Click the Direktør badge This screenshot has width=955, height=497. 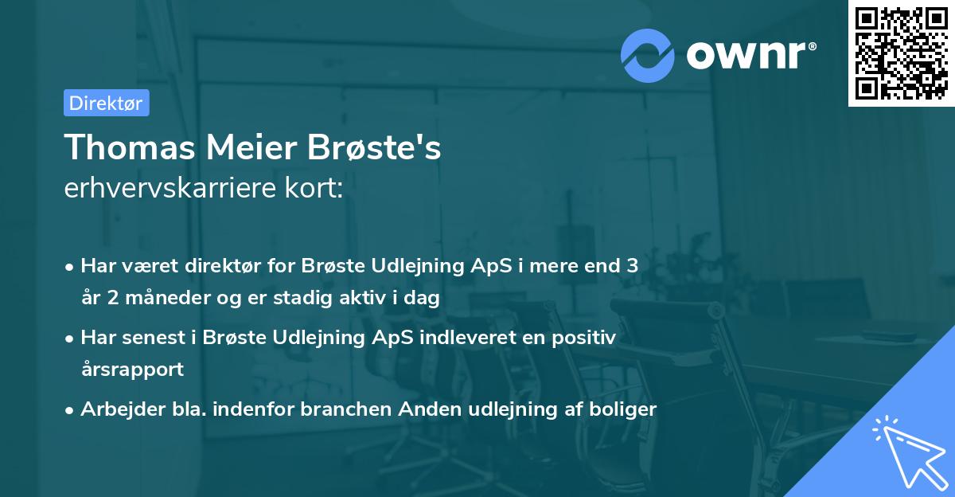[x=106, y=103]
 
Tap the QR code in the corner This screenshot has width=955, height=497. [x=901, y=53]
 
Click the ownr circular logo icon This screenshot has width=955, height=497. [x=647, y=55]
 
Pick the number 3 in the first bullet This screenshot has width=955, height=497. [x=632, y=266]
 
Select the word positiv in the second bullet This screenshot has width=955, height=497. [x=587, y=338]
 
